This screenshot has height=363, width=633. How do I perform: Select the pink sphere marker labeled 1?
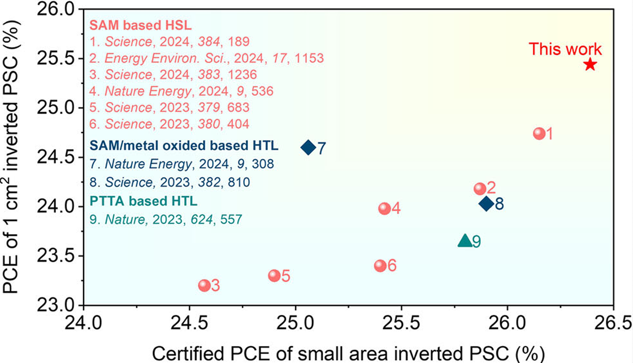pos(539,133)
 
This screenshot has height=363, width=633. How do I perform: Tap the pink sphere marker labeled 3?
pos(204,286)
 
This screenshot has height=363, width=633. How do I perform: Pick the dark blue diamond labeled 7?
pos(308,148)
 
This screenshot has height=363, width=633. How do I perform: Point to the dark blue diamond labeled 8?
pos(486,204)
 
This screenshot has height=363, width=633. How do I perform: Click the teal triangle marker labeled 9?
pos(465,241)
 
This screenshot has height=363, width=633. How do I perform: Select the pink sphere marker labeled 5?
pos(274,276)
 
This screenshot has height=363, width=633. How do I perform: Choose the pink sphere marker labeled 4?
pos(384,209)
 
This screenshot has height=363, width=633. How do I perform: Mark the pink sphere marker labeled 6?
pos(380,266)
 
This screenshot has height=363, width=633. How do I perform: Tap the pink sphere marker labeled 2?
pos(480,189)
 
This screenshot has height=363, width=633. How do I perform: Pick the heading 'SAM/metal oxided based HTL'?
pos(184,146)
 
